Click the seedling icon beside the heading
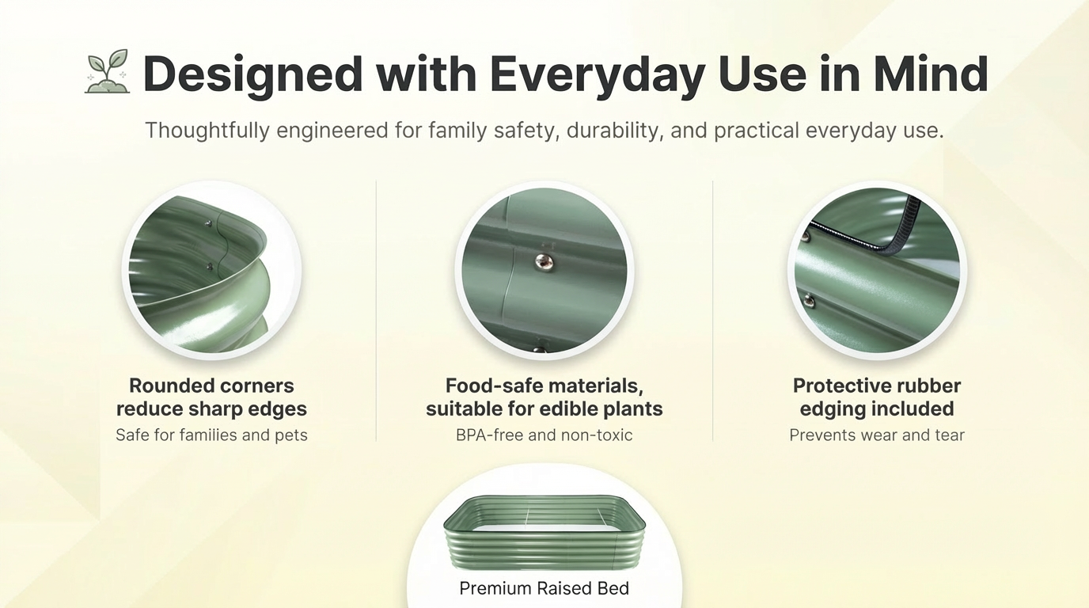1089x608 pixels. [x=108, y=71]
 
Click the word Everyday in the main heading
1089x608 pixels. [x=598, y=75]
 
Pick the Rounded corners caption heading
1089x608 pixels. [x=211, y=386]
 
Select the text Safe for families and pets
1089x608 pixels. [x=211, y=435]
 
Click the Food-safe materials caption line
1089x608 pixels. [x=544, y=386]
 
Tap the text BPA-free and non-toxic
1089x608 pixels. [x=544, y=435]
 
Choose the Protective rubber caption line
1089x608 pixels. [x=877, y=386]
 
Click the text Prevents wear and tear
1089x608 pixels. [x=877, y=435]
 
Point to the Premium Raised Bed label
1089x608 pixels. [x=544, y=588]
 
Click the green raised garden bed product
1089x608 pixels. [x=544, y=533]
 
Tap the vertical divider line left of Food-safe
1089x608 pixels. [x=376, y=311]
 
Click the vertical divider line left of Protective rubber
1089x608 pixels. [x=713, y=311]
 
